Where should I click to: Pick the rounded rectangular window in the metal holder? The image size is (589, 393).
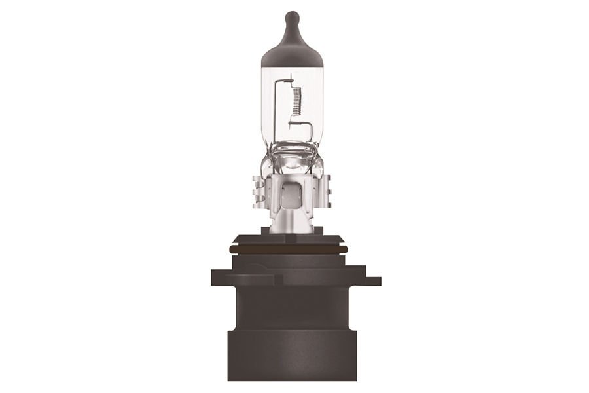coord(293,191)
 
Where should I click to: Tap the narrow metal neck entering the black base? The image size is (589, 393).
coord(292,223)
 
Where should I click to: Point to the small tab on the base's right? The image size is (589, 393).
coord(372,281)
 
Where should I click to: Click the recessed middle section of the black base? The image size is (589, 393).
coord(292,308)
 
